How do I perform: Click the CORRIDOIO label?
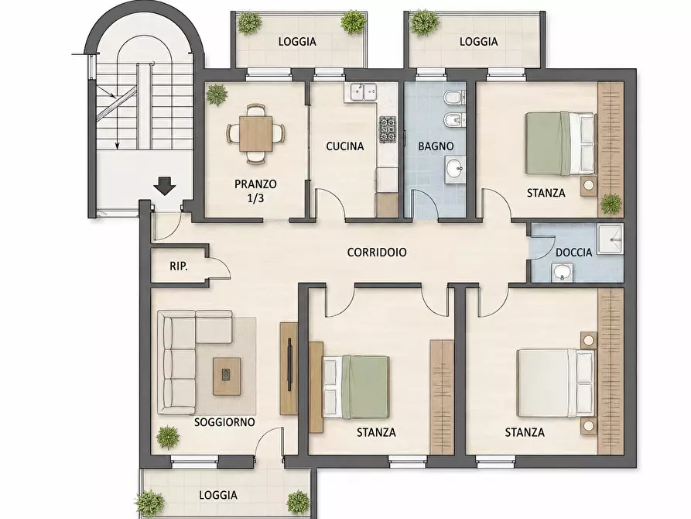(x=377, y=252)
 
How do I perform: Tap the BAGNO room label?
(x=436, y=146)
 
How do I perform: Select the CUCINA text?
(x=345, y=146)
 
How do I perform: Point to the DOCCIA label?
(x=574, y=253)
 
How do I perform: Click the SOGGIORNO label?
(x=224, y=422)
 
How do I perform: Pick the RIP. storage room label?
(x=179, y=266)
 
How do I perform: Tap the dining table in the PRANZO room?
(x=255, y=133)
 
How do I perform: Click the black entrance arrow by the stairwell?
(x=165, y=186)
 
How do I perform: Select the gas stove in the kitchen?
(x=388, y=130)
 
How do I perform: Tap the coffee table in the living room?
(x=227, y=376)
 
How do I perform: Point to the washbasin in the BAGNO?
(x=455, y=170)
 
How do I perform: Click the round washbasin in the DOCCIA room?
(x=563, y=273)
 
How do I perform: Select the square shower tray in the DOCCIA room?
(x=611, y=239)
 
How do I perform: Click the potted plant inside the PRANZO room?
(x=217, y=95)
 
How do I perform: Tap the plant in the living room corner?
(x=168, y=438)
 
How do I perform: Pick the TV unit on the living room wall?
(x=289, y=369)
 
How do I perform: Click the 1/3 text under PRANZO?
(x=255, y=198)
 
